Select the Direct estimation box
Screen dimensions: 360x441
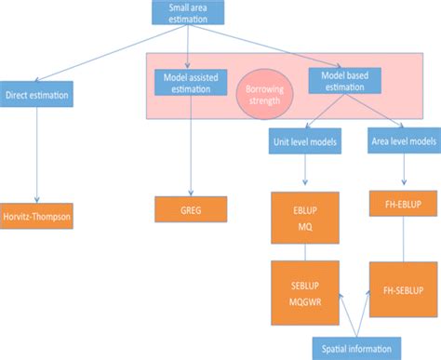38,95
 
